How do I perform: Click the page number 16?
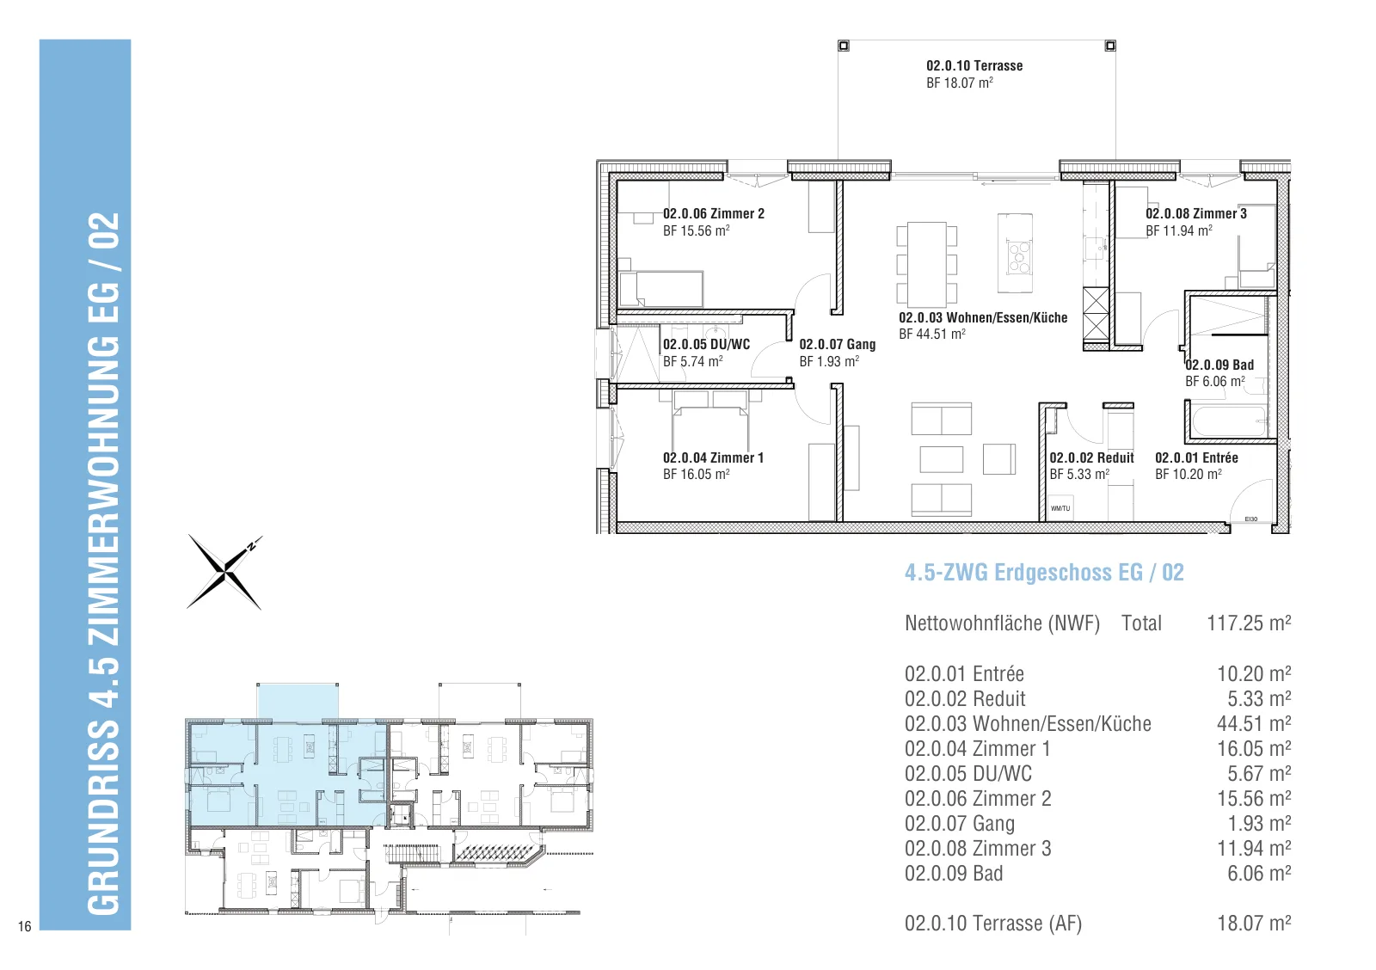(x=25, y=926)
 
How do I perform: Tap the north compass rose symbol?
(x=225, y=572)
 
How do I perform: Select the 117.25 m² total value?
(x=1248, y=623)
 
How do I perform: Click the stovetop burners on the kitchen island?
(x=1019, y=256)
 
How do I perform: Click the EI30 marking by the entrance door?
(x=1250, y=519)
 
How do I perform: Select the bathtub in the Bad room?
(x=1229, y=421)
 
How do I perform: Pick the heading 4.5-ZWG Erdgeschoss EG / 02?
(x=1044, y=573)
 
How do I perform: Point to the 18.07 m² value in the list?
(x=1254, y=924)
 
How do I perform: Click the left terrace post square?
(x=844, y=46)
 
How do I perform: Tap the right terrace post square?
(x=1110, y=46)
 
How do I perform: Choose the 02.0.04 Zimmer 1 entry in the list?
(x=977, y=749)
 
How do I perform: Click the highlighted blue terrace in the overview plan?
(x=298, y=703)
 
